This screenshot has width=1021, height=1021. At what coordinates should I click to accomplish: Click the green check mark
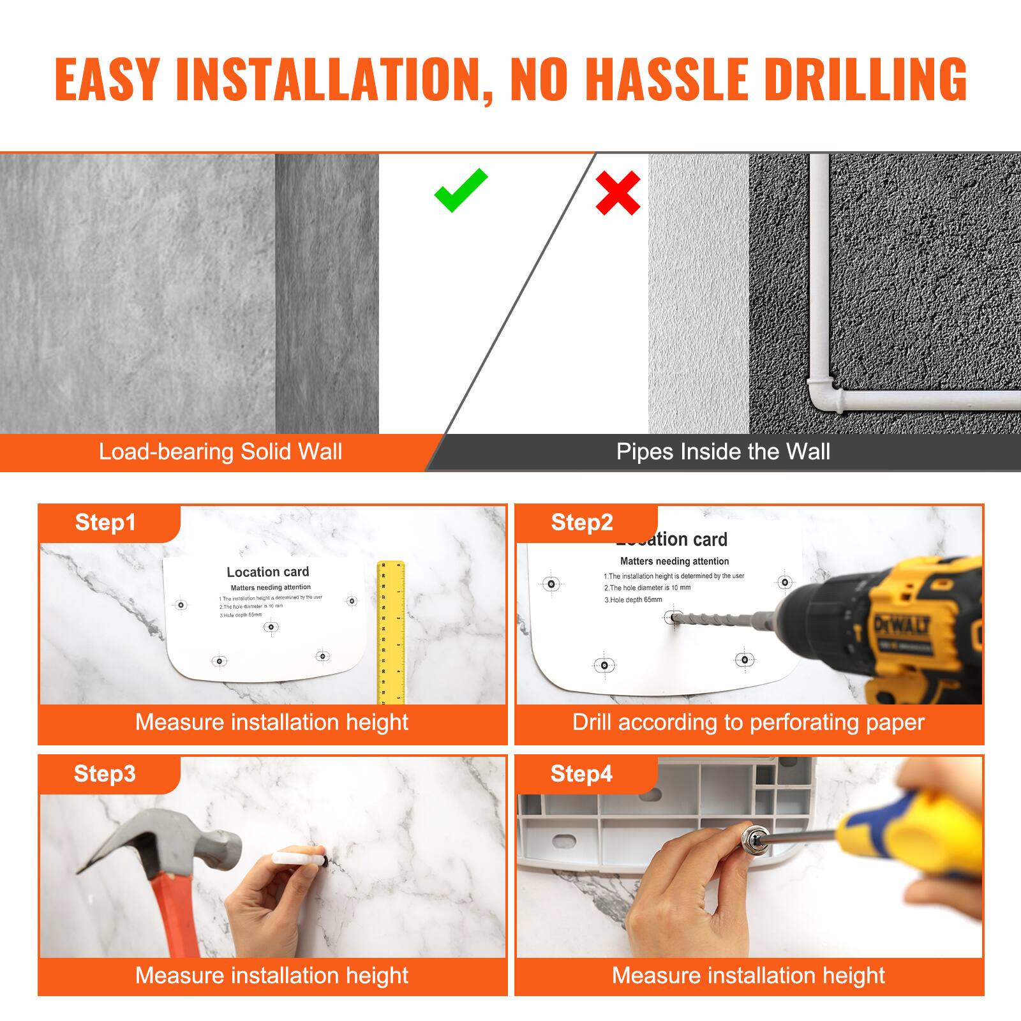click(461, 190)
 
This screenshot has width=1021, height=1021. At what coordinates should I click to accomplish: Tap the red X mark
click(618, 192)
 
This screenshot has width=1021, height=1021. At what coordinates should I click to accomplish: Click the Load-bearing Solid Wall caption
click(220, 452)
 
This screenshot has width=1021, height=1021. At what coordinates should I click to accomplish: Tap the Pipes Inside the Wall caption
click(723, 452)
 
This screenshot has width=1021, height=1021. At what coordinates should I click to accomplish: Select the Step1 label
click(105, 523)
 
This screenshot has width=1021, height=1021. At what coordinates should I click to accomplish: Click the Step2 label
click(581, 523)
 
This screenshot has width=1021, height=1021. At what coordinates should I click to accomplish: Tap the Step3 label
click(105, 773)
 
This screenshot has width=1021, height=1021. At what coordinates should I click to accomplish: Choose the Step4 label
click(581, 773)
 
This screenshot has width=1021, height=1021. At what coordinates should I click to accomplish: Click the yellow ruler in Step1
click(391, 632)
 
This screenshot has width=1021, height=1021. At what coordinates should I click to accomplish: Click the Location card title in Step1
click(267, 572)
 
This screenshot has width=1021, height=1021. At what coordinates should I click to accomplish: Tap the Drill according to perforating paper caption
click(748, 722)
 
